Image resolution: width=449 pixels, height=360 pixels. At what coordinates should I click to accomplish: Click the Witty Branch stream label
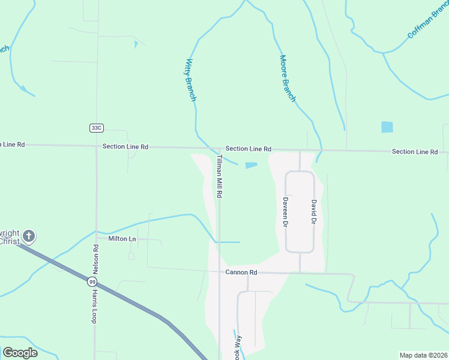point(191,79)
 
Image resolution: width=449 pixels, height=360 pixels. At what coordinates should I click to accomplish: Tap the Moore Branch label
point(288,78)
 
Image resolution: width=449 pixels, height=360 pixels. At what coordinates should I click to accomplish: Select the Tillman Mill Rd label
point(220,176)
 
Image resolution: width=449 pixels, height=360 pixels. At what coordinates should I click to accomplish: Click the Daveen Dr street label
point(286,212)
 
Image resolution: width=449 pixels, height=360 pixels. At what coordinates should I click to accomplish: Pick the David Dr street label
point(313,212)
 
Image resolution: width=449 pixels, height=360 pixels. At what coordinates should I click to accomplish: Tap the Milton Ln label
point(122,239)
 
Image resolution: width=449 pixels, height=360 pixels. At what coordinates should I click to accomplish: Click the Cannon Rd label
point(241,272)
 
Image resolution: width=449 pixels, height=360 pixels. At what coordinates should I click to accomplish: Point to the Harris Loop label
point(94,307)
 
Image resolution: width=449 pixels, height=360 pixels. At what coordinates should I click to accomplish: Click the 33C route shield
point(96,128)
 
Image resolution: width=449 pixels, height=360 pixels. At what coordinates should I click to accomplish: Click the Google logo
point(20,353)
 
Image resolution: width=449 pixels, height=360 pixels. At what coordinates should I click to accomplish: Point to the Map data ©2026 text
point(423,355)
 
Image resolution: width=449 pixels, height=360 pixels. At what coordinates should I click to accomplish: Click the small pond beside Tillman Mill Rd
point(252,165)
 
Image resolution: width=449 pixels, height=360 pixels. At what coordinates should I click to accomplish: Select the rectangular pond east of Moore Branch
point(387,127)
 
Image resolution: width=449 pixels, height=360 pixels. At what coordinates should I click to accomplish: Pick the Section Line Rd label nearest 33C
point(125,146)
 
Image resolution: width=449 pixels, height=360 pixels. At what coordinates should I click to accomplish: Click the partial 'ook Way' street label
point(238,347)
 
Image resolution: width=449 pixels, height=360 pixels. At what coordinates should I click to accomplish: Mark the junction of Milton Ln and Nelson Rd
point(96,238)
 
